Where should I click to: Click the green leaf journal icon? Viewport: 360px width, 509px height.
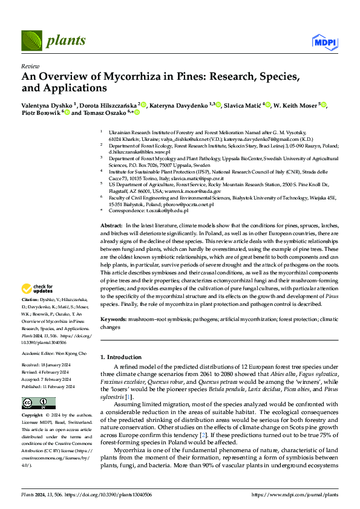pyautogui.click(x=31, y=42)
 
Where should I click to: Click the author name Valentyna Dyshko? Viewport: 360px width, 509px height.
pyautogui.click(x=48, y=105)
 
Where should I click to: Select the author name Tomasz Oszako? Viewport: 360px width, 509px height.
pyautogui.click(x=101, y=112)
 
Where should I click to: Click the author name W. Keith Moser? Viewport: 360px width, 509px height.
pyautogui.click(x=298, y=105)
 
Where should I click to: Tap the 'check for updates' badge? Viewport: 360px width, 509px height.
pyautogui.click(x=37, y=289)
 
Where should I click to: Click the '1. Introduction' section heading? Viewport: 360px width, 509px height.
pyautogui.click(x=122, y=357)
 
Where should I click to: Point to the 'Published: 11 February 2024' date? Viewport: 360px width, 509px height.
pyautogui.click(x=48, y=386)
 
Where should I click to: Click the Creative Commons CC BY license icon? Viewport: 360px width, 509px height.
pyautogui.click(x=34, y=403)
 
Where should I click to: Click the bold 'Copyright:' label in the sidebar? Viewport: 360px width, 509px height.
pyautogui.click(x=32, y=416)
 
